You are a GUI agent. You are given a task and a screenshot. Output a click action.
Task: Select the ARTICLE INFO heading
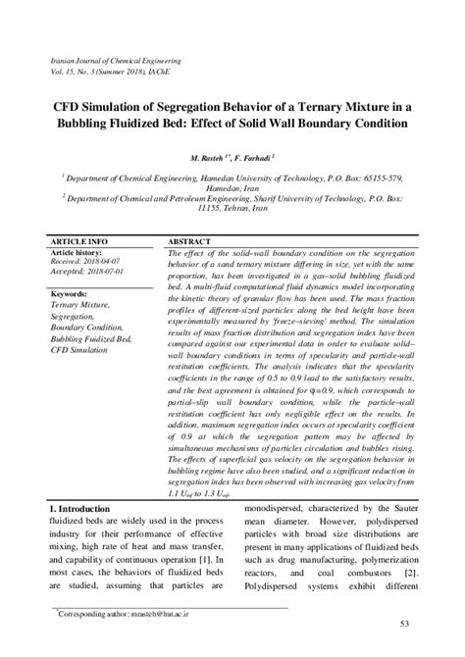(x=78, y=240)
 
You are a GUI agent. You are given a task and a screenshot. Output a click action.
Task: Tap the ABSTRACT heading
(x=189, y=240)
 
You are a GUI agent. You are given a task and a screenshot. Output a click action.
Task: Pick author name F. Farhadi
(x=259, y=157)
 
